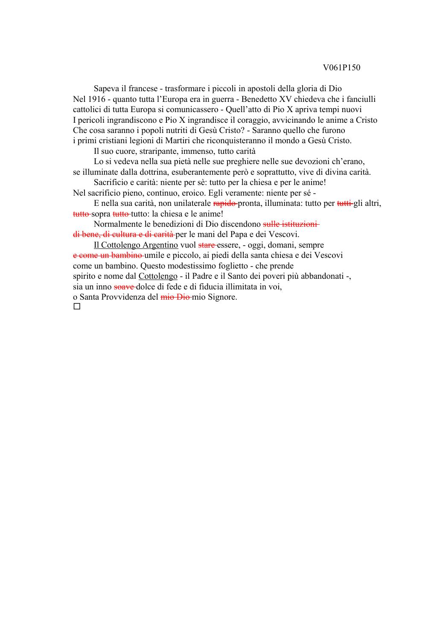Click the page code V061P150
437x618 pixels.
[341, 68]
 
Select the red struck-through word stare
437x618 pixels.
[207, 245]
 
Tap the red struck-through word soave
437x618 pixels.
[124, 287]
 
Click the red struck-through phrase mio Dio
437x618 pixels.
[175, 297]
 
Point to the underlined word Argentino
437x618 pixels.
[160, 245]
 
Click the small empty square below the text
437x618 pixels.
[77, 306]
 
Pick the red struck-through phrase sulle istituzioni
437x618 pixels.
[290, 224]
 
